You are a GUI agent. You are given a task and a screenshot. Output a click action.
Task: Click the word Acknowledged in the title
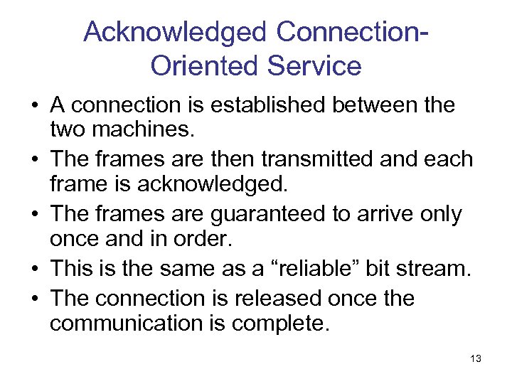click(x=174, y=32)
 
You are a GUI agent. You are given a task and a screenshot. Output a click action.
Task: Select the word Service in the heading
click(x=314, y=66)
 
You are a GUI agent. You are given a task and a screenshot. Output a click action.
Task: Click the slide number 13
click(x=476, y=359)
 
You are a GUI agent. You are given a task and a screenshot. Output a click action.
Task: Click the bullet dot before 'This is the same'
click(x=34, y=269)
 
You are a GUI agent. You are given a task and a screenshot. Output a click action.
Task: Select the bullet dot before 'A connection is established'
click(x=34, y=106)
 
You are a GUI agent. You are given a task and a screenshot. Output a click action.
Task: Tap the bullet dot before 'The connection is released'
click(x=34, y=299)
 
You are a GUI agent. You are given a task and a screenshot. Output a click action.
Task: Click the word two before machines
click(x=65, y=129)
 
